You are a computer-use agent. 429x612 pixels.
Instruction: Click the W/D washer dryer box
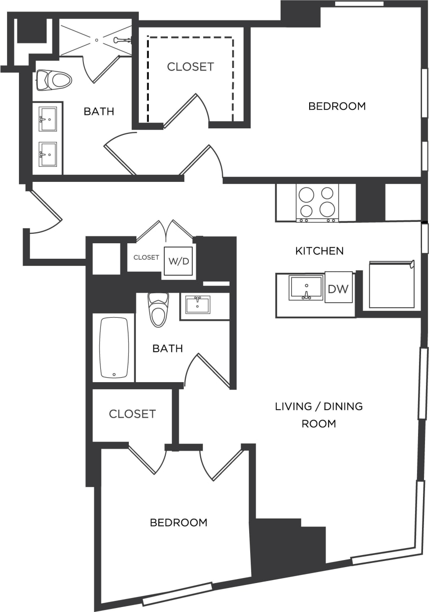[178, 261]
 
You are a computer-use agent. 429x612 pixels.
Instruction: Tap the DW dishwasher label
[338, 288]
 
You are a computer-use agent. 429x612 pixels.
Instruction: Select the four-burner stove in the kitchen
[317, 202]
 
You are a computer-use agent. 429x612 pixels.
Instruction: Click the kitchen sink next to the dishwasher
[306, 288]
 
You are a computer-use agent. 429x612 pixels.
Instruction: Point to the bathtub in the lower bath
[114, 347]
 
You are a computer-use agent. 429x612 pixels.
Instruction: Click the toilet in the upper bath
[53, 79]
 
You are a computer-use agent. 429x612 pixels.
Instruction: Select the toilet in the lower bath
[158, 310]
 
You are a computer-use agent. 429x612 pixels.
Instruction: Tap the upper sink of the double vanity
[48, 119]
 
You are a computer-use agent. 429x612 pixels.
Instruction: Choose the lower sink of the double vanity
[48, 154]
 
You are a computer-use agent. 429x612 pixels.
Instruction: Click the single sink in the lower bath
[198, 304]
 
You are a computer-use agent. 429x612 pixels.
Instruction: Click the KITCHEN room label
[320, 251]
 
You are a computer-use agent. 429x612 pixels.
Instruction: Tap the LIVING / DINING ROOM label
[319, 415]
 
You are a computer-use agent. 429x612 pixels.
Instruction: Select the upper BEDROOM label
[337, 106]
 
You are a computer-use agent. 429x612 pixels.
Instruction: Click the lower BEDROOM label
[178, 523]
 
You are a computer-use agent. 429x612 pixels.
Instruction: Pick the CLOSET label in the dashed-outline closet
[190, 66]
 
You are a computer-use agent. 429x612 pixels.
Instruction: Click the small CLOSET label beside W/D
[146, 258]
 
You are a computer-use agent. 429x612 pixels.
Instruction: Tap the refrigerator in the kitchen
[392, 284]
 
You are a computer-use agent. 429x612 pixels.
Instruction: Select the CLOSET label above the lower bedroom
[132, 414]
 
